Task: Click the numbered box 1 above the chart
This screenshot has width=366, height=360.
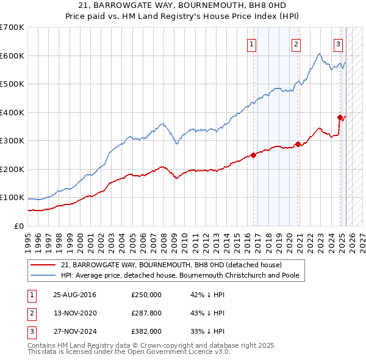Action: point(252,43)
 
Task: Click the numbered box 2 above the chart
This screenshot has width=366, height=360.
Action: point(296,43)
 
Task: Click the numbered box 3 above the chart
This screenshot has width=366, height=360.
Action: point(338,43)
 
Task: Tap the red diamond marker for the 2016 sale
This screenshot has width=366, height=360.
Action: point(253,155)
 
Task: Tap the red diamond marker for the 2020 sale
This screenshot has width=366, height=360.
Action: point(298,145)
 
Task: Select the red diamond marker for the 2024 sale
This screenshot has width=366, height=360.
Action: point(340,117)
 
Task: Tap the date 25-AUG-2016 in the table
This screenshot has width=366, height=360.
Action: point(74,295)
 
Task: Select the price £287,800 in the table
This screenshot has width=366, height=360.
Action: point(146,313)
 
